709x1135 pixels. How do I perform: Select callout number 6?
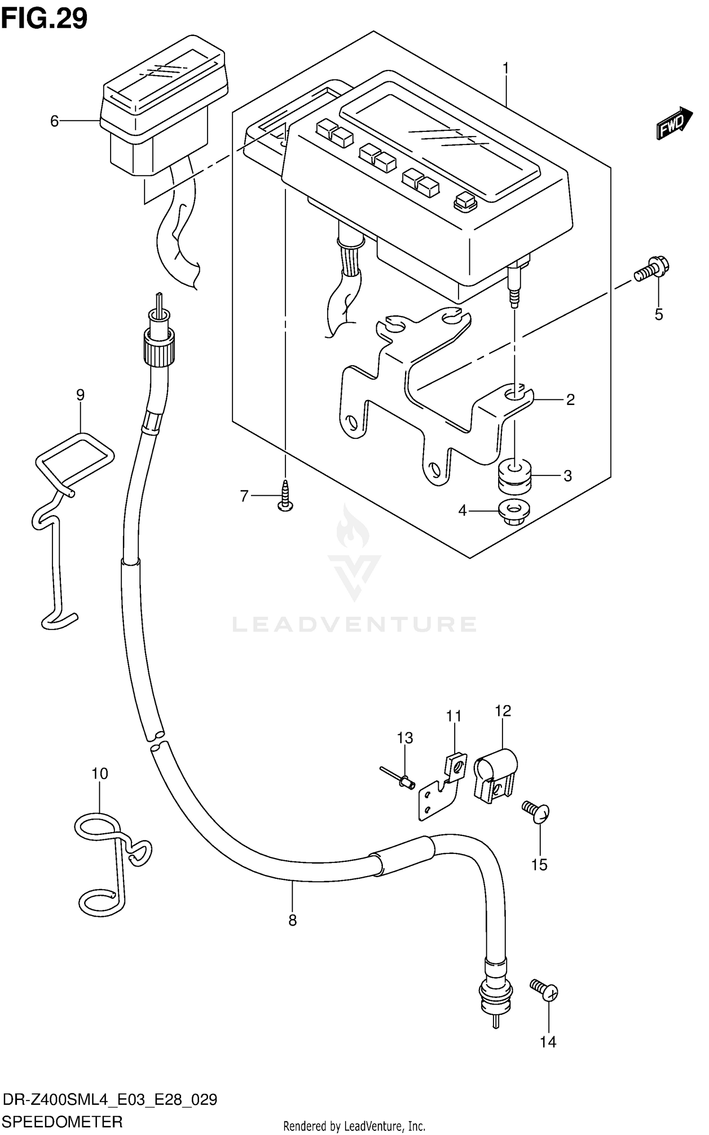click(54, 121)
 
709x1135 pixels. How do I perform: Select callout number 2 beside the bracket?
click(571, 400)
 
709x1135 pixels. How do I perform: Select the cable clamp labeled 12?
click(494, 774)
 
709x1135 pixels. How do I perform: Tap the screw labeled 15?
click(537, 812)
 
